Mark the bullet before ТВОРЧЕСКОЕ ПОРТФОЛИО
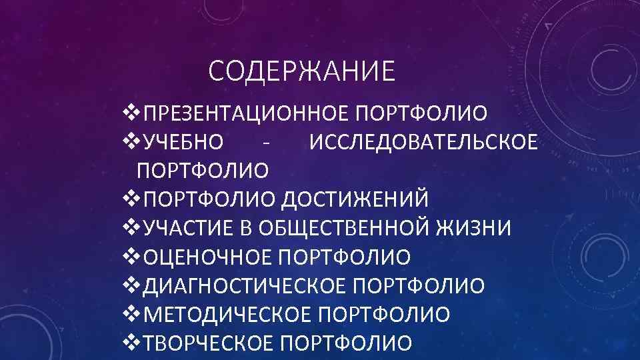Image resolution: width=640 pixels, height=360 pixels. point(131,343)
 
